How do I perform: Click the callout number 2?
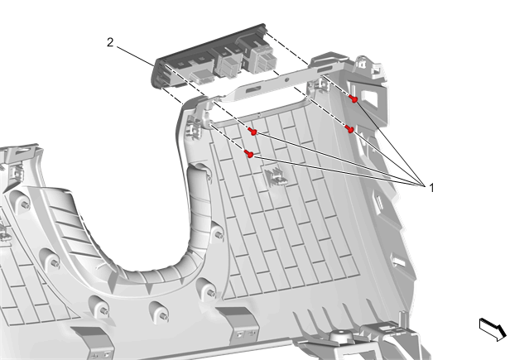click(110, 43)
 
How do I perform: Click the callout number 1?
click(431, 188)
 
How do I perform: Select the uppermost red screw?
click(353, 98)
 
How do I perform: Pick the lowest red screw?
click(249, 154)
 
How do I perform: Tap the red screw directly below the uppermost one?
click(349, 129)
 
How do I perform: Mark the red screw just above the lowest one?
click(252, 132)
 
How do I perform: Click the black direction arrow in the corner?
click(493, 329)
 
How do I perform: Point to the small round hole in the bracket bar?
click(286, 80)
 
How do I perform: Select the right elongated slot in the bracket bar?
click(325, 70)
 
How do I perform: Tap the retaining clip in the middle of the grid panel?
click(276, 177)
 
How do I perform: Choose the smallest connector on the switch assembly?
click(201, 76)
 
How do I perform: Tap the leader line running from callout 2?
click(136, 55)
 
